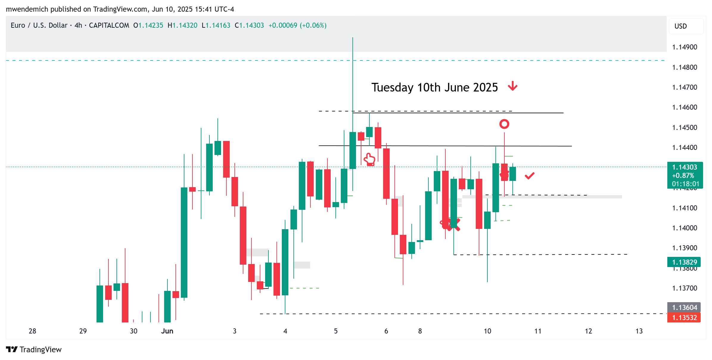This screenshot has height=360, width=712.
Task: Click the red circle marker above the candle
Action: pos(504,124)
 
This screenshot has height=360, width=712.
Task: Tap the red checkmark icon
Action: pos(529,176)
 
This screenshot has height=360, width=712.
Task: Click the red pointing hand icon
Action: pos(369,159)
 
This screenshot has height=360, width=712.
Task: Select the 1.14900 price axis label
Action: pos(684,47)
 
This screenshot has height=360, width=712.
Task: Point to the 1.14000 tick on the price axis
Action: pos(684,228)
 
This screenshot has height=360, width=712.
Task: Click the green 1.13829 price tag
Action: pos(684,262)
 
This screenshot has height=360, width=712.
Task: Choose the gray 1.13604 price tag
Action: pos(684,308)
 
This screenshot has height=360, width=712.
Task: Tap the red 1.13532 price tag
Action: pos(684,318)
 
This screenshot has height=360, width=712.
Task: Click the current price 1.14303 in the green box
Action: pos(684,167)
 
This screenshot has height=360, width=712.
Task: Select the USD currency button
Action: pos(680,26)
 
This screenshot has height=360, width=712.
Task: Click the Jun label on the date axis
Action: pos(167,331)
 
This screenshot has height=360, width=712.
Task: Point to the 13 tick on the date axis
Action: pos(639,331)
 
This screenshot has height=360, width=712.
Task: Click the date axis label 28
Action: pos(32,331)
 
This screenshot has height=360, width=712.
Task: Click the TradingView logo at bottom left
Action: pos(34,349)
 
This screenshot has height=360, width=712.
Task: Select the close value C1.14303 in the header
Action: pos(249,25)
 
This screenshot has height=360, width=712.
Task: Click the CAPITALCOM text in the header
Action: pos(109,25)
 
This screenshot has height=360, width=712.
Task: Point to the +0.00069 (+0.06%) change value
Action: pos(297,25)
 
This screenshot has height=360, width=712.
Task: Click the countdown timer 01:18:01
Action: pos(684,184)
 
